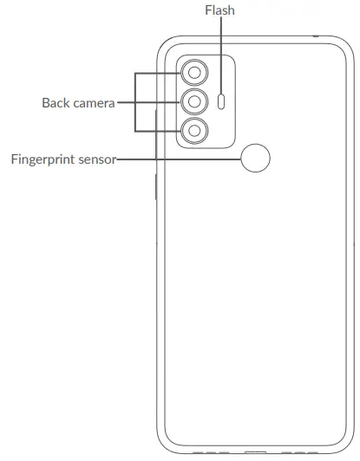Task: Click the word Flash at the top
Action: coord(219,11)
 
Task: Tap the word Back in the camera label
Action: coord(56,102)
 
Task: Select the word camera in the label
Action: coord(94,102)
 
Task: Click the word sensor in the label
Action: coord(98,159)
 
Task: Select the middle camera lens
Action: coord(196,102)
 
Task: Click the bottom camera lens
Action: coord(196,131)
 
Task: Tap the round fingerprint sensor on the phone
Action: coord(253,158)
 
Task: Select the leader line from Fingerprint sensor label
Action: coord(178,159)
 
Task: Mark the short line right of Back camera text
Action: coord(126,102)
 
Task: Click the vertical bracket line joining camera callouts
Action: coord(136,102)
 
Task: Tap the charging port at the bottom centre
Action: coord(255,452)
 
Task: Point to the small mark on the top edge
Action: coord(315,36)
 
